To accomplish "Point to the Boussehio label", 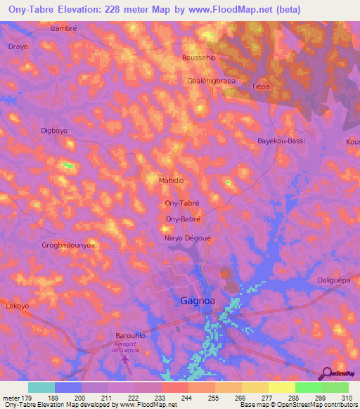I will [198, 58].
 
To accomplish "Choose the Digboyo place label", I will [54, 131].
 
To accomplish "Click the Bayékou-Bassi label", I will [281, 141].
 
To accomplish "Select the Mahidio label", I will [172, 181].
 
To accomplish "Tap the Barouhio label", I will [129, 336].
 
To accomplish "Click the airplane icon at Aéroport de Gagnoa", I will [126, 360].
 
